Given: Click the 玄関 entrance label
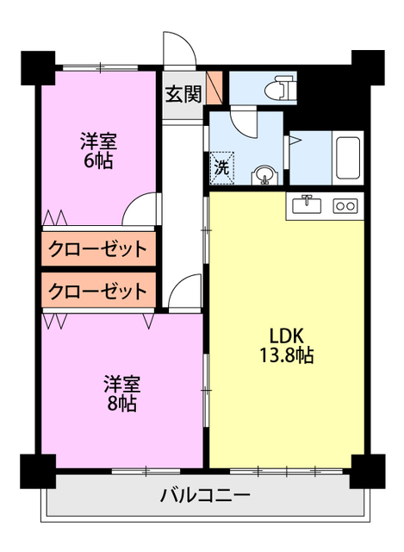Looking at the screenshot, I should click(183, 93).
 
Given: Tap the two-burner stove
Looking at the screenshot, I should click(345, 206).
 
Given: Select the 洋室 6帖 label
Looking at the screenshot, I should click(97, 149).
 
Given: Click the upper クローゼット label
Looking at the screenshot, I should click(97, 250).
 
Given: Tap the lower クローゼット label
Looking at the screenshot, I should click(97, 291).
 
